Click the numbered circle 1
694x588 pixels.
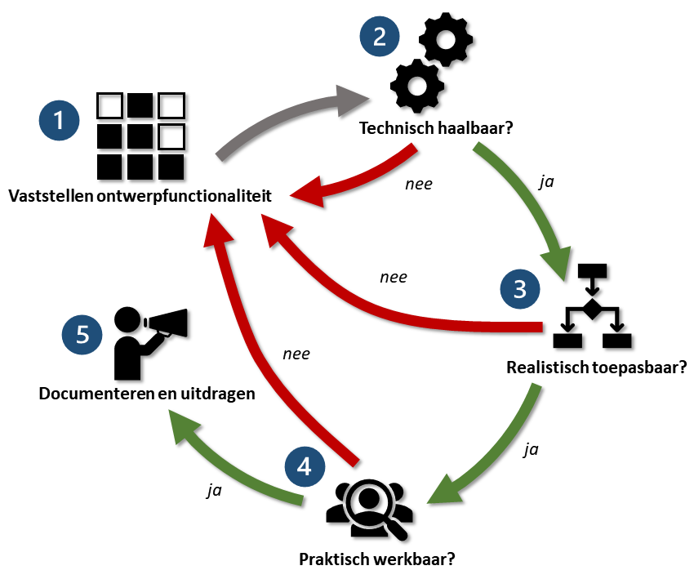click(59, 121)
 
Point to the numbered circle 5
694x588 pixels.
click(82, 336)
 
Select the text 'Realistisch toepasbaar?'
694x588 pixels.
click(594, 367)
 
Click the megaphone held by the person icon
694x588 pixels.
click(168, 323)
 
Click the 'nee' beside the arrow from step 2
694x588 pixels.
click(419, 184)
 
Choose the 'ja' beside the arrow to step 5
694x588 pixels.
click(215, 492)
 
